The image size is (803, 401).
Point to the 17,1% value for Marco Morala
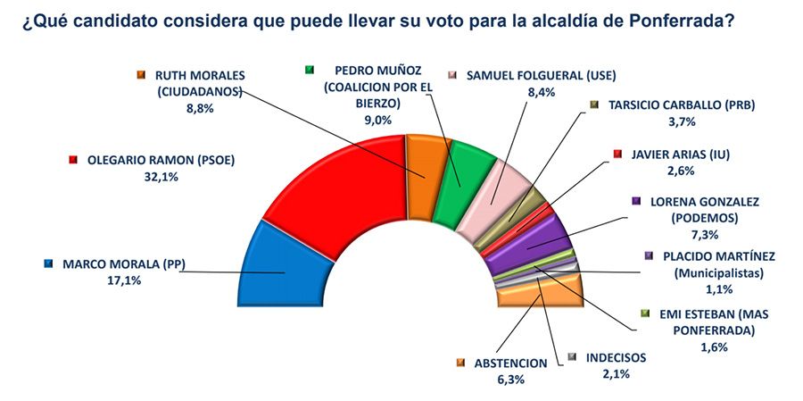(x=123, y=280)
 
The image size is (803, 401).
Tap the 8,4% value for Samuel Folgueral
(x=536, y=90)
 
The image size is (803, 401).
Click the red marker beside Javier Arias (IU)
(x=617, y=155)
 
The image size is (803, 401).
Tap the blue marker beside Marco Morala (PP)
(x=47, y=263)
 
